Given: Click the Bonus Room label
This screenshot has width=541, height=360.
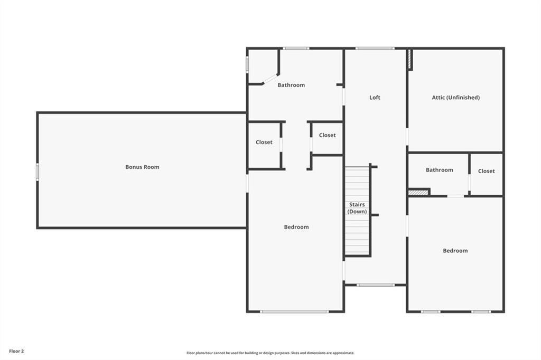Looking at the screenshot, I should pos(142,167).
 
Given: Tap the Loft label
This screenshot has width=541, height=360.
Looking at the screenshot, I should pos(375,97).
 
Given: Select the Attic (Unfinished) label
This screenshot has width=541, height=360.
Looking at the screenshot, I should pos(455,97).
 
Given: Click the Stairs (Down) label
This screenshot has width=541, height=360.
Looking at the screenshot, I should pos(357,208).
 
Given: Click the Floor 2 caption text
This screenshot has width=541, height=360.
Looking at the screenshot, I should pos(16,350).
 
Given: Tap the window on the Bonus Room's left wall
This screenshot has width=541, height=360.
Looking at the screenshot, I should pos(38,172).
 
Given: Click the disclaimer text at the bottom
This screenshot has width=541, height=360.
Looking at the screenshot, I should pos(270,353).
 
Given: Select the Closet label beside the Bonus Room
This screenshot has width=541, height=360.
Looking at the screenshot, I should pos(264,142).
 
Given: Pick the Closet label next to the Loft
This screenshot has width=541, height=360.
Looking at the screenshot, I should pos(327,135).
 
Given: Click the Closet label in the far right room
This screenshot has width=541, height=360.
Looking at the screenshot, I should pos(486,171).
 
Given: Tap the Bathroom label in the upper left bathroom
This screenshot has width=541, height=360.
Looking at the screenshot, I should pos(291,85).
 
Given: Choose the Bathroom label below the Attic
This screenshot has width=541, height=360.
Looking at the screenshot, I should pos(439,170).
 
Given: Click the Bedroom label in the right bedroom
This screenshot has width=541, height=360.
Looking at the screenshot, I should pos(455,251).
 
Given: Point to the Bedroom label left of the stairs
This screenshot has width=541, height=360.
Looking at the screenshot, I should pos(296,227).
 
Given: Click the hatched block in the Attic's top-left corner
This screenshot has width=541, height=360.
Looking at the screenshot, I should pos(409,59).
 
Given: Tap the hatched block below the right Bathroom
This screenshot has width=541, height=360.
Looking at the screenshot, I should pos(418,193).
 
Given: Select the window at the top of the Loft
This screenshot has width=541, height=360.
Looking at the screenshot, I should pos(375,49).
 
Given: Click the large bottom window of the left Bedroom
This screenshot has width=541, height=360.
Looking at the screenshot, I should pos(294,311).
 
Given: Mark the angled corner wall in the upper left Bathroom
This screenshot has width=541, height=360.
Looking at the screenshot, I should pos(270,79).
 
